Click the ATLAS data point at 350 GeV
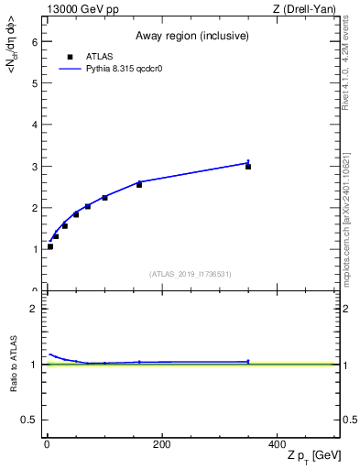pyautogui.click(x=248, y=167)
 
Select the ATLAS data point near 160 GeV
pyautogui.click(x=139, y=185)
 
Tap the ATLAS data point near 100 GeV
pyautogui.click(x=104, y=198)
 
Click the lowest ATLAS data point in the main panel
pyautogui.click(x=50, y=246)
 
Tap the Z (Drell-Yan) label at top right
pyautogui.click(x=309, y=9)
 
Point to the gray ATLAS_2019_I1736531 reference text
pyautogui.click(x=191, y=274)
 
